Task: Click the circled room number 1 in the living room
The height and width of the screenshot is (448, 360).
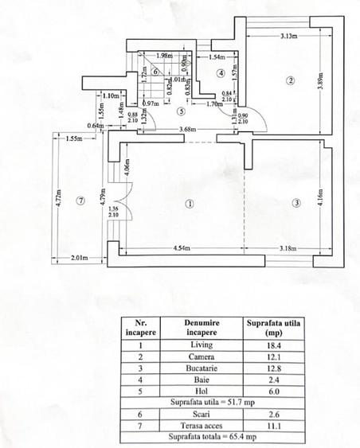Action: [189, 203]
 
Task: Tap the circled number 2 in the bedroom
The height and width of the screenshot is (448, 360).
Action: [292, 80]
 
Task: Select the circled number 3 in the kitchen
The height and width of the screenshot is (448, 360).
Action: [296, 203]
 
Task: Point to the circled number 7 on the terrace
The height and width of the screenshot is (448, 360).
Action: [80, 201]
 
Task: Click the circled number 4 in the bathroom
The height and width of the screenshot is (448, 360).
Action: [221, 72]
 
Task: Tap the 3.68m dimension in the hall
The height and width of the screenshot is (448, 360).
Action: [188, 130]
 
